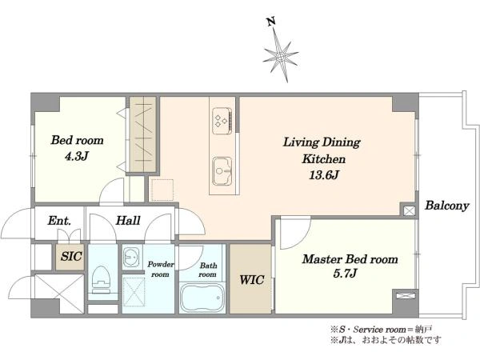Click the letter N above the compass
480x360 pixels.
(270, 22)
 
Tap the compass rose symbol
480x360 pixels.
(281, 56)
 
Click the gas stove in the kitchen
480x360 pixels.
(222, 121)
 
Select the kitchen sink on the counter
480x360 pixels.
(222, 171)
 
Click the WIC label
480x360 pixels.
(252, 280)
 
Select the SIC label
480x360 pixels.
(71, 256)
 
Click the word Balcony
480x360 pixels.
(446, 206)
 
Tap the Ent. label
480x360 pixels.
(59, 221)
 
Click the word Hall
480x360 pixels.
(128, 221)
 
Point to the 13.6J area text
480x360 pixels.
(323, 175)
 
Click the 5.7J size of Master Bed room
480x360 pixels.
(345, 273)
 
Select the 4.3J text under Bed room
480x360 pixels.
(77, 157)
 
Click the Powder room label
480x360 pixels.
(161, 269)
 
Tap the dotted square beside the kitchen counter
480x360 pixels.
(162, 190)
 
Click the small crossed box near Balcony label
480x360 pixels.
(410, 211)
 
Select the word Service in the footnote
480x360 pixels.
(368, 330)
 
